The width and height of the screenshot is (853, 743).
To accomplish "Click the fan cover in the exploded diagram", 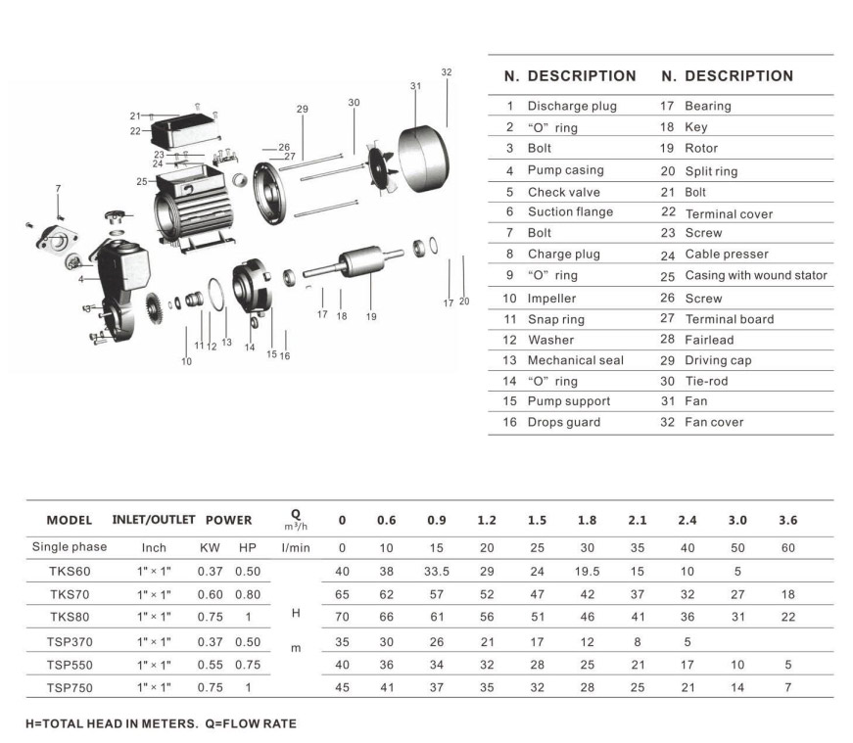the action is (423, 159).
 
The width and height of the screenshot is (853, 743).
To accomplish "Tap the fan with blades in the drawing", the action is (382, 165).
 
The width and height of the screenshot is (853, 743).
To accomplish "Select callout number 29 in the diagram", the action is (303, 110).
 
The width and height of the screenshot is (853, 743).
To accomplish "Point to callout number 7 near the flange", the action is (58, 189).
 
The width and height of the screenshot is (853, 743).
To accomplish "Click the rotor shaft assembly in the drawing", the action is (354, 262).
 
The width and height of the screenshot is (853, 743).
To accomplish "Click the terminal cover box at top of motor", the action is (186, 131).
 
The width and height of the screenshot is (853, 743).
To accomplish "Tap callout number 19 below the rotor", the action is (371, 316).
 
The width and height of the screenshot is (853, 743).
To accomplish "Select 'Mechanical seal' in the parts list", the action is (576, 360).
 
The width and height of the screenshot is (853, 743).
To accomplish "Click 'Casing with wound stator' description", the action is (756, 275).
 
